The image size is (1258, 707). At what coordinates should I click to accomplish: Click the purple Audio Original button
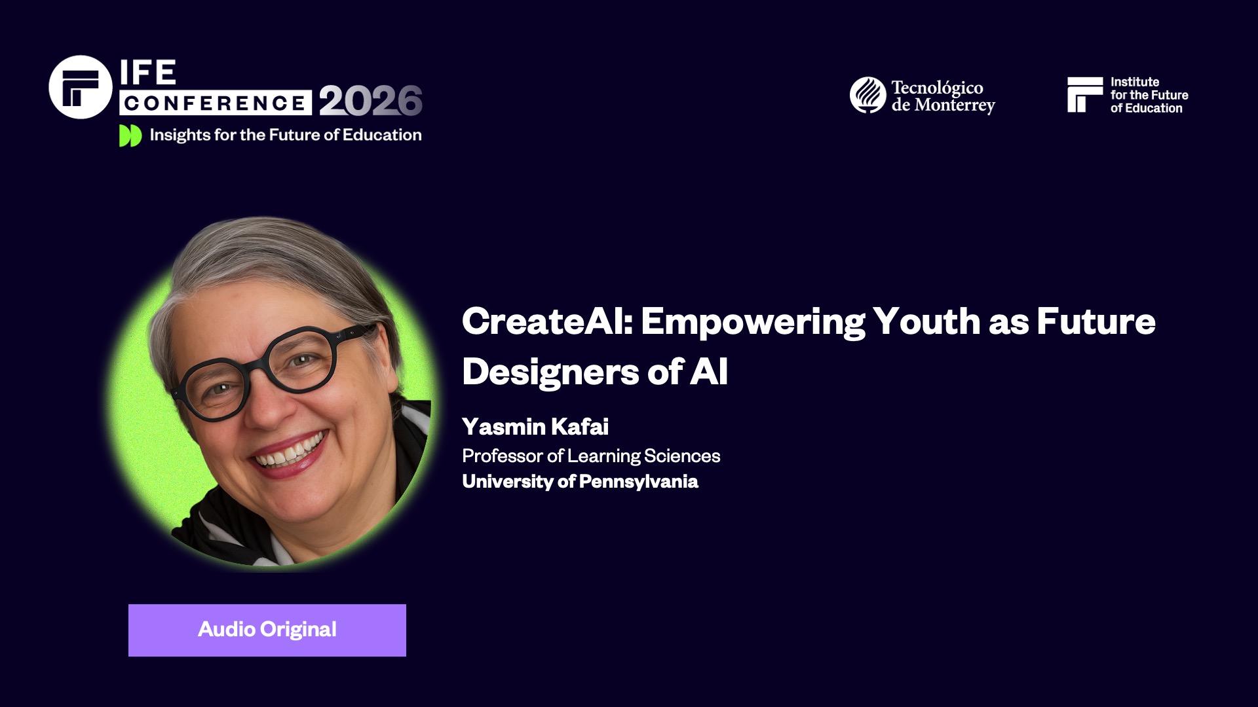267,630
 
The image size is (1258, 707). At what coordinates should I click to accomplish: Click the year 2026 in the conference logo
371,101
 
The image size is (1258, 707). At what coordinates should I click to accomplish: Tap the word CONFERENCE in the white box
215,103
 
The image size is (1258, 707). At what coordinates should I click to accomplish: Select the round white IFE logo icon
81,87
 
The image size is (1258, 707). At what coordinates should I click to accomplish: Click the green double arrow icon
130,136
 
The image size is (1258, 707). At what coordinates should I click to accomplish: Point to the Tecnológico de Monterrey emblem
867,96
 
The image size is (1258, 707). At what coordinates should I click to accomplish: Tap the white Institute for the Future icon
1084,95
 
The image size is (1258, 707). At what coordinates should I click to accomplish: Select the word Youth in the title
926,321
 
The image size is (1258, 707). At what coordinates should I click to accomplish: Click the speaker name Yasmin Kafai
535,427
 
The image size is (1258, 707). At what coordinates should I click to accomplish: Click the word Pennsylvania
639,482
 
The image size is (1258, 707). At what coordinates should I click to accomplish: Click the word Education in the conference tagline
382,135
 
